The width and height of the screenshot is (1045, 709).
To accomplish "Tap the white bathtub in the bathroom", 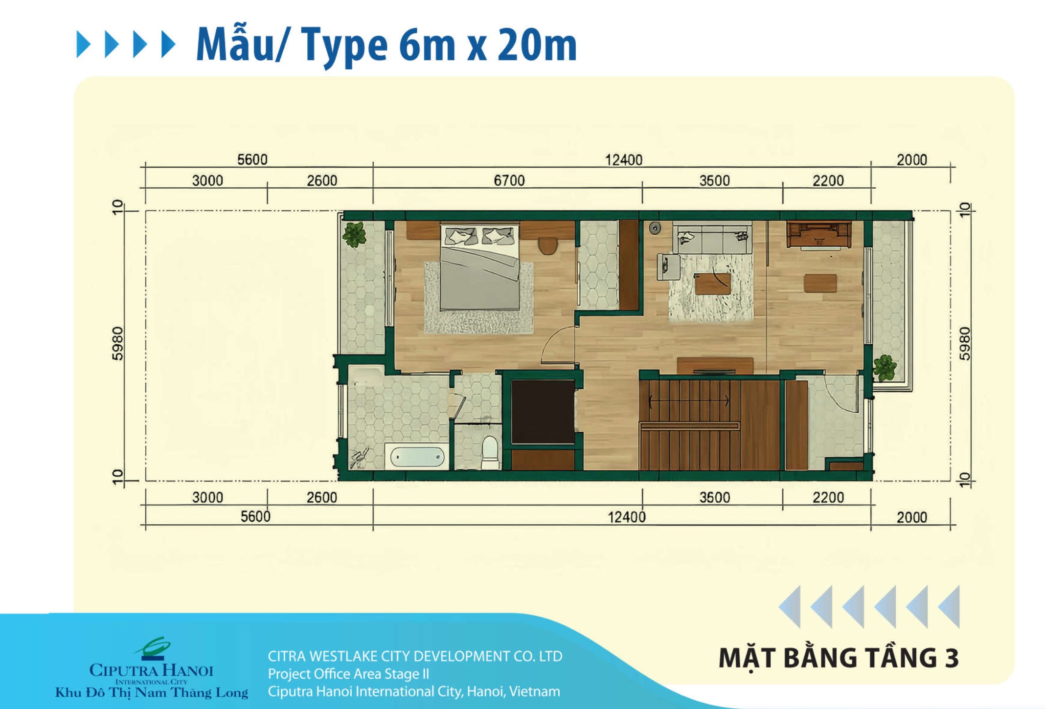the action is [x=416, y=457].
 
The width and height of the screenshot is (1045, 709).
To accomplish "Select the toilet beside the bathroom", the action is [x=490, y=451].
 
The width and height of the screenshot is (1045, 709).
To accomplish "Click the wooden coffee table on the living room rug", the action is [x=713, y=284].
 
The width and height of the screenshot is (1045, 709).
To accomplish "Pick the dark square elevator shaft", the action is [x=543, y=412].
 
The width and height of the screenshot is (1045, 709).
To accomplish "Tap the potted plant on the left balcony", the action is [x=355, y=235].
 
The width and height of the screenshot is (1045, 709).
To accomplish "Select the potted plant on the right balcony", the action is [x=884, y=368].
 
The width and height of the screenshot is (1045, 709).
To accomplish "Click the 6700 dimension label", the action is [x=509, y=181].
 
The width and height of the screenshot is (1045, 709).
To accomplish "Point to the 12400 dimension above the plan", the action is [x=624, y=160].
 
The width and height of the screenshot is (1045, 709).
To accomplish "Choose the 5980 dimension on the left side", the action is [x=118, y=343].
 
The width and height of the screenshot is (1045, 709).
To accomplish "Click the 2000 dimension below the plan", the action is [x=911, y=517].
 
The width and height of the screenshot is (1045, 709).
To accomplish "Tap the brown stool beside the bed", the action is [x=548, y=245].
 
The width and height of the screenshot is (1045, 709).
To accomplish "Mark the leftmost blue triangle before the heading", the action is [x=83, y=44].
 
